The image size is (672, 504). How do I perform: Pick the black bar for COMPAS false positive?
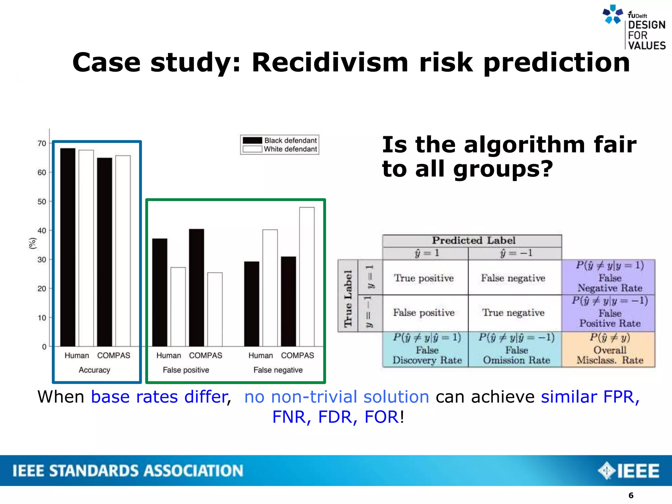coord(196,287)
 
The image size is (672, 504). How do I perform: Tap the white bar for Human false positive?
coord(178,307)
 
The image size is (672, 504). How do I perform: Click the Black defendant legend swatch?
coord(252,140)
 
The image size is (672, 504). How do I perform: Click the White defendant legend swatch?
coord(252,149)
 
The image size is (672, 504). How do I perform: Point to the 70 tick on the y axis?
coord(42,143)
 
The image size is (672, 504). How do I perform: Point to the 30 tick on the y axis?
coord(42,260)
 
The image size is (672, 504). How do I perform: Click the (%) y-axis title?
coord(32,243)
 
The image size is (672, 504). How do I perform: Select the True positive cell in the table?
coord(424,278)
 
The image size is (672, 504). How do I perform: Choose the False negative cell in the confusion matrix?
coord(513,278)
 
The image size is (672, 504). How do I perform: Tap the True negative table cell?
coord(513,313)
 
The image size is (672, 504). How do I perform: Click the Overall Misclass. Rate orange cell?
coord(609,349)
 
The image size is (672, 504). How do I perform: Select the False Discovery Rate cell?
coord(427,349)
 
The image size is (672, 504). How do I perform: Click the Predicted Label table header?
coord(473,241)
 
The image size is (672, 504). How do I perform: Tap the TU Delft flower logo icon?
coord(612,14)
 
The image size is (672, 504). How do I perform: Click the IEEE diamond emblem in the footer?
coord(606,471)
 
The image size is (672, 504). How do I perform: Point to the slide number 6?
coord(631,495)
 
